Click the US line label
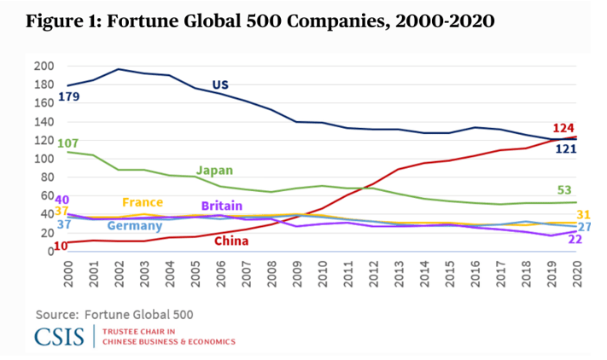coord(220,84)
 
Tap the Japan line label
coord(214,170)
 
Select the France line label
coord(142,202)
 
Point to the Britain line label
coord(222,206)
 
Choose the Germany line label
coord(135,225)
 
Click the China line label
coord(231,241)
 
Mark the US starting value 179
coord(69,97)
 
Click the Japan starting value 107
coord(67,142)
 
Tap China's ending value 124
coord(563,127)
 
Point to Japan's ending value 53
coord(564,189)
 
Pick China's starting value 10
coord(61,246)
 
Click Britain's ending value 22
coord(575,240)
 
